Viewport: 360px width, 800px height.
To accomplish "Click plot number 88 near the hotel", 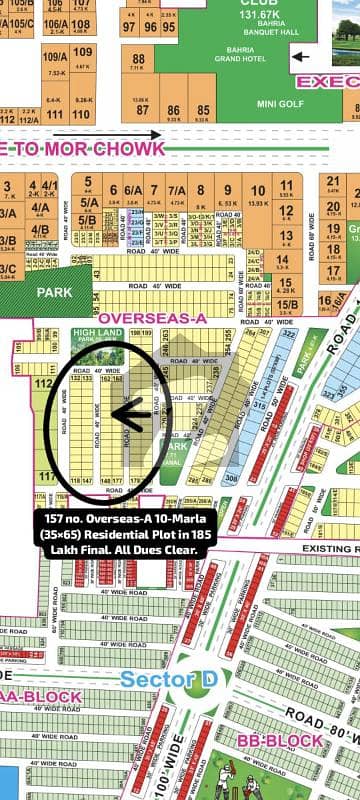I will coord(138,60).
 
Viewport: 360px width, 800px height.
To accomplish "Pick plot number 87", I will coord(143,110).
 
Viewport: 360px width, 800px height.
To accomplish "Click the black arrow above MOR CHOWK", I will coord(90,133).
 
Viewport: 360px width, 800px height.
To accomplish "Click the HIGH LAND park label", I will coord(96,333).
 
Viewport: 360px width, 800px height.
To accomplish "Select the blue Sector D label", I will coord(165,680).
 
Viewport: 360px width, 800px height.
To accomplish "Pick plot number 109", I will coord(83,52).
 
